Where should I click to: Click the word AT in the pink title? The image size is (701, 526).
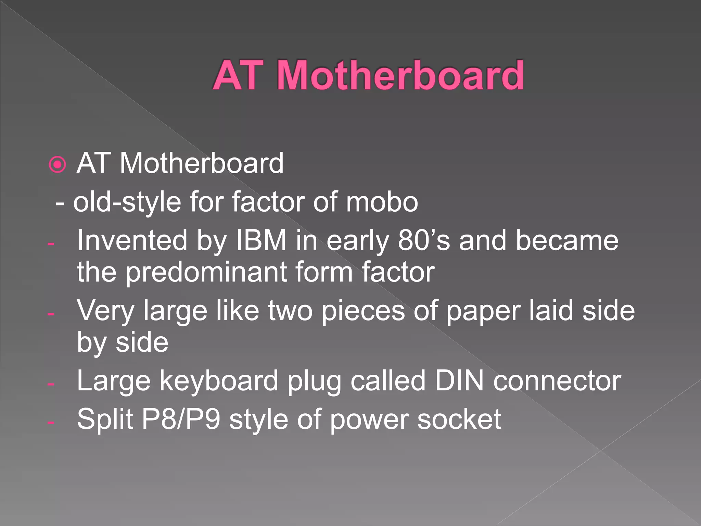239,75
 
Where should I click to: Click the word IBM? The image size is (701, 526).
261,240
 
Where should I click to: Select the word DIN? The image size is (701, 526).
459,381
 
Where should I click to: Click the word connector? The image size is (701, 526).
557,381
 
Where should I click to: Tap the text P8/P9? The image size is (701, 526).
181,419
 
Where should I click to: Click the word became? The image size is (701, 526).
567,240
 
